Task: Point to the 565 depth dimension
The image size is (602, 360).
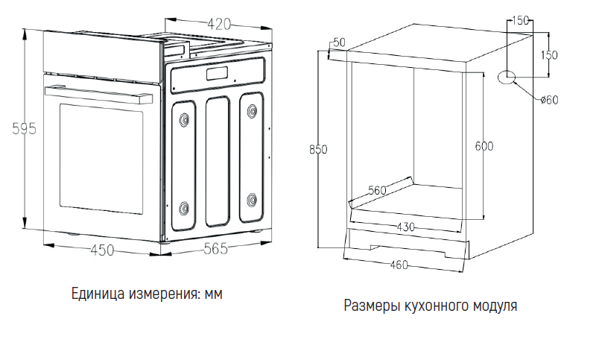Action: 215,250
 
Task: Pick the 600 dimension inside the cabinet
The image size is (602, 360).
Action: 484,146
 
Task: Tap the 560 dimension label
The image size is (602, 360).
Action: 377,190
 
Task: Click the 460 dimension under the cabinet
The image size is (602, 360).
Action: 400,263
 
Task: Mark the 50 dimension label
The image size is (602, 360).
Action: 339,42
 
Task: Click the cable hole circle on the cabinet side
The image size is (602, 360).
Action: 507,77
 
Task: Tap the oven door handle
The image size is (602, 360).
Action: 101,92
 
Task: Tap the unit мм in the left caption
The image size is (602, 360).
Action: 214,294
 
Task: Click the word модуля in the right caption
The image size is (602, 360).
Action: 492,306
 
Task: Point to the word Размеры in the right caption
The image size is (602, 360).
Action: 370,306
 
